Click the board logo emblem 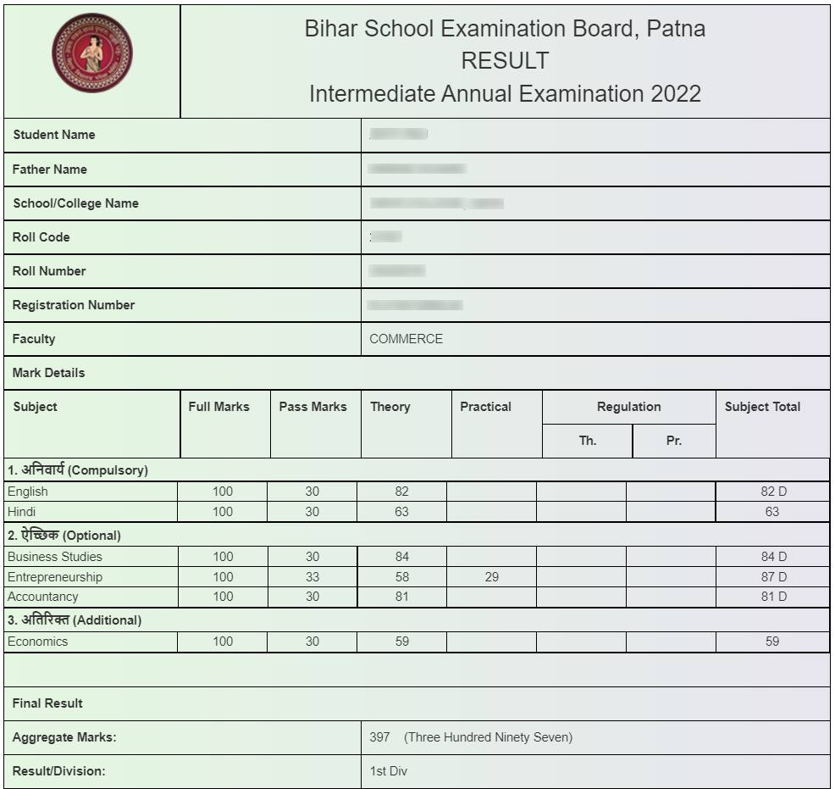click(92, 53)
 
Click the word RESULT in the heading click(505, 61)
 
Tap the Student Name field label click(53, 135)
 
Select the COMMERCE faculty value click(406, 339)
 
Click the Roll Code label click(41, 237)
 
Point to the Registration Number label click(73, 305)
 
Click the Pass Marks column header click(312, 407)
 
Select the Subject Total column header click(762, 407)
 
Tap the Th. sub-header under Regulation click(588, 441)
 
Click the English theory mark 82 click(401, 492)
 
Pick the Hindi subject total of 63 click(772, 512)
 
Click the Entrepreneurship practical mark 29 click(492, 577)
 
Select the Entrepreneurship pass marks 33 click(312, 577)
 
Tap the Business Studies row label click(54, 557)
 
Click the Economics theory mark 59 click(401, 642)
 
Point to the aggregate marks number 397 click(379, 737)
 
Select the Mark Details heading click(48, 373)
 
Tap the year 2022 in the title click(676, 93)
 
